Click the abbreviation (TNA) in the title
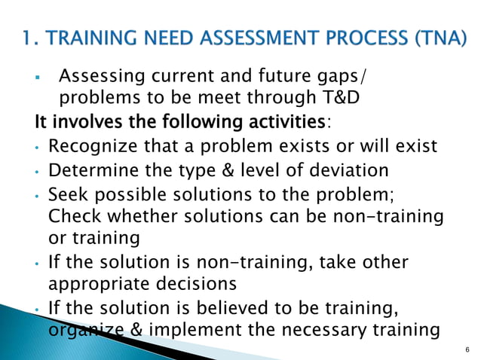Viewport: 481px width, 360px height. (439, 36)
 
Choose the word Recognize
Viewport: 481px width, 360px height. (95, 145)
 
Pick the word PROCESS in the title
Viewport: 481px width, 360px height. (369, 36)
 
